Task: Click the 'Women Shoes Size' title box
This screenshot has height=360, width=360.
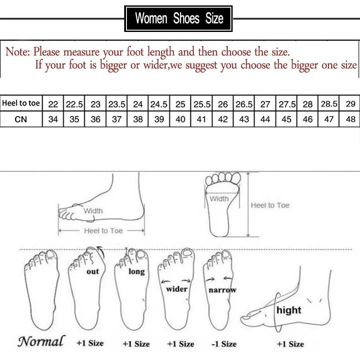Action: pos(179,18)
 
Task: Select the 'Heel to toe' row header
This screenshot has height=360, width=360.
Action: pos(21,103)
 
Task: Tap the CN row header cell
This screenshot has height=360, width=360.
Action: pos(21,120)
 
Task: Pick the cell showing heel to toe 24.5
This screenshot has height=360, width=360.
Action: pos(158,104)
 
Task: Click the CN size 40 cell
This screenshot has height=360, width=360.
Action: pos(180,120)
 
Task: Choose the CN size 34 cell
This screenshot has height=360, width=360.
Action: pos(53,120)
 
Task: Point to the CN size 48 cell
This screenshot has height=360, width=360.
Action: pos(351,120)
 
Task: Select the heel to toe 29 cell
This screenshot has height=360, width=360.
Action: pos(351,104)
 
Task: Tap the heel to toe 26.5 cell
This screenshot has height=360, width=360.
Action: pos(244,104)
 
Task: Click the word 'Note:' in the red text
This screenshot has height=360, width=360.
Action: pos(17,52)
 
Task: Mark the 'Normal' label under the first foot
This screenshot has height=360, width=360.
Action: pos(41,342)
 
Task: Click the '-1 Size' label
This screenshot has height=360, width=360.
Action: pos(224,344)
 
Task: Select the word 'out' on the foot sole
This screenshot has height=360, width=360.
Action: pos(93,271)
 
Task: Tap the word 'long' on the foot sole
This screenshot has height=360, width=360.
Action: pos(136,271)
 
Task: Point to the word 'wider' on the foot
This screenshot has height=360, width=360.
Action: pos(177,289)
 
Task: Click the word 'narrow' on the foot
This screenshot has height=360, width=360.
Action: pos(222,290)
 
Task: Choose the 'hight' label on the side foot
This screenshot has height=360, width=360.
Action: pos(289,310)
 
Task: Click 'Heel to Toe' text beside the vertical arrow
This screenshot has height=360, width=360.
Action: pos(270,205)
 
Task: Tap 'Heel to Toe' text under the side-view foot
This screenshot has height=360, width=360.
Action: pos(103,231)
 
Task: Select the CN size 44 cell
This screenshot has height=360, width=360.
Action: pos(265,120)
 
